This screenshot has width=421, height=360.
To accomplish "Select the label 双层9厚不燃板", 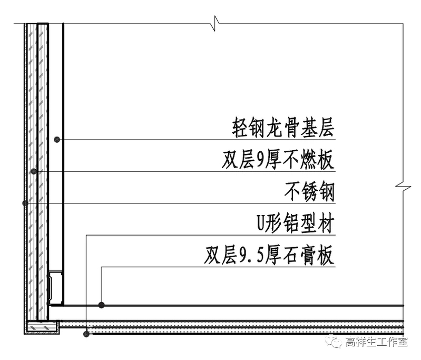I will coord(278,160).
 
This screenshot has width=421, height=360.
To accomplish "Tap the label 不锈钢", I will coord(309,192).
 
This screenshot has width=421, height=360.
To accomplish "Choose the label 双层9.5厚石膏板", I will coord(269,257).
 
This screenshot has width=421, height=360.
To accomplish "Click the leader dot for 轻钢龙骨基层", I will coord(57,139).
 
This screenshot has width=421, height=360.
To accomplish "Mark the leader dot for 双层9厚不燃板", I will coord(34,171).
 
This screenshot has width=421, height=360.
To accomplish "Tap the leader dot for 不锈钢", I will coord(25,203).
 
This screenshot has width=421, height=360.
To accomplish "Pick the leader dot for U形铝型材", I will coord(86,334).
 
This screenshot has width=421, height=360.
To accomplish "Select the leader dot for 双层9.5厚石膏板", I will coord(102,305).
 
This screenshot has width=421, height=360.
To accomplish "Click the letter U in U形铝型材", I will coord(259,225).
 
